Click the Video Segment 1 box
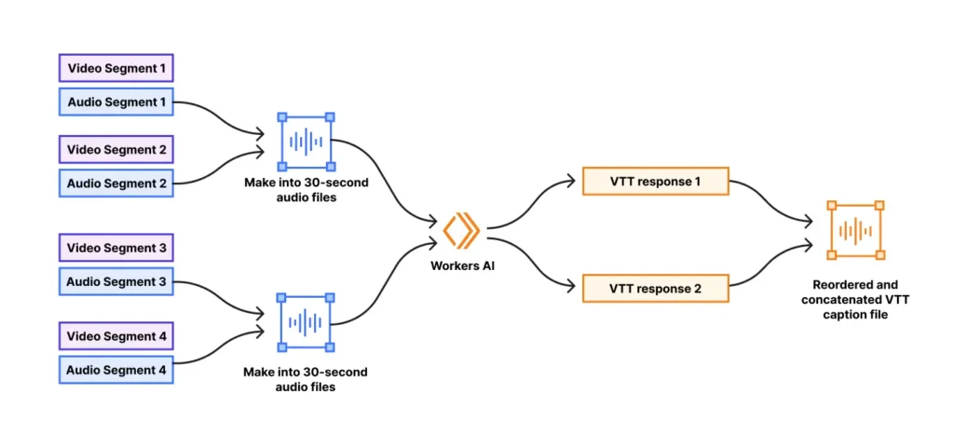116,68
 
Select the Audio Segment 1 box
116,102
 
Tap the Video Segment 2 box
116,150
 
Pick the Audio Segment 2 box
116,183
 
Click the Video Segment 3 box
116,249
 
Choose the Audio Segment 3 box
116,282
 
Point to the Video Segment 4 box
116,335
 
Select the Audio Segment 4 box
116,370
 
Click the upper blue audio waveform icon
306,142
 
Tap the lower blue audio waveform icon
306,322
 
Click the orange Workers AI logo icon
460,232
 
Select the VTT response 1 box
655,182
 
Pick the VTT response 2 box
655,289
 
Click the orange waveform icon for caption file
855,230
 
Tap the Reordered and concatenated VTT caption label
855,299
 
